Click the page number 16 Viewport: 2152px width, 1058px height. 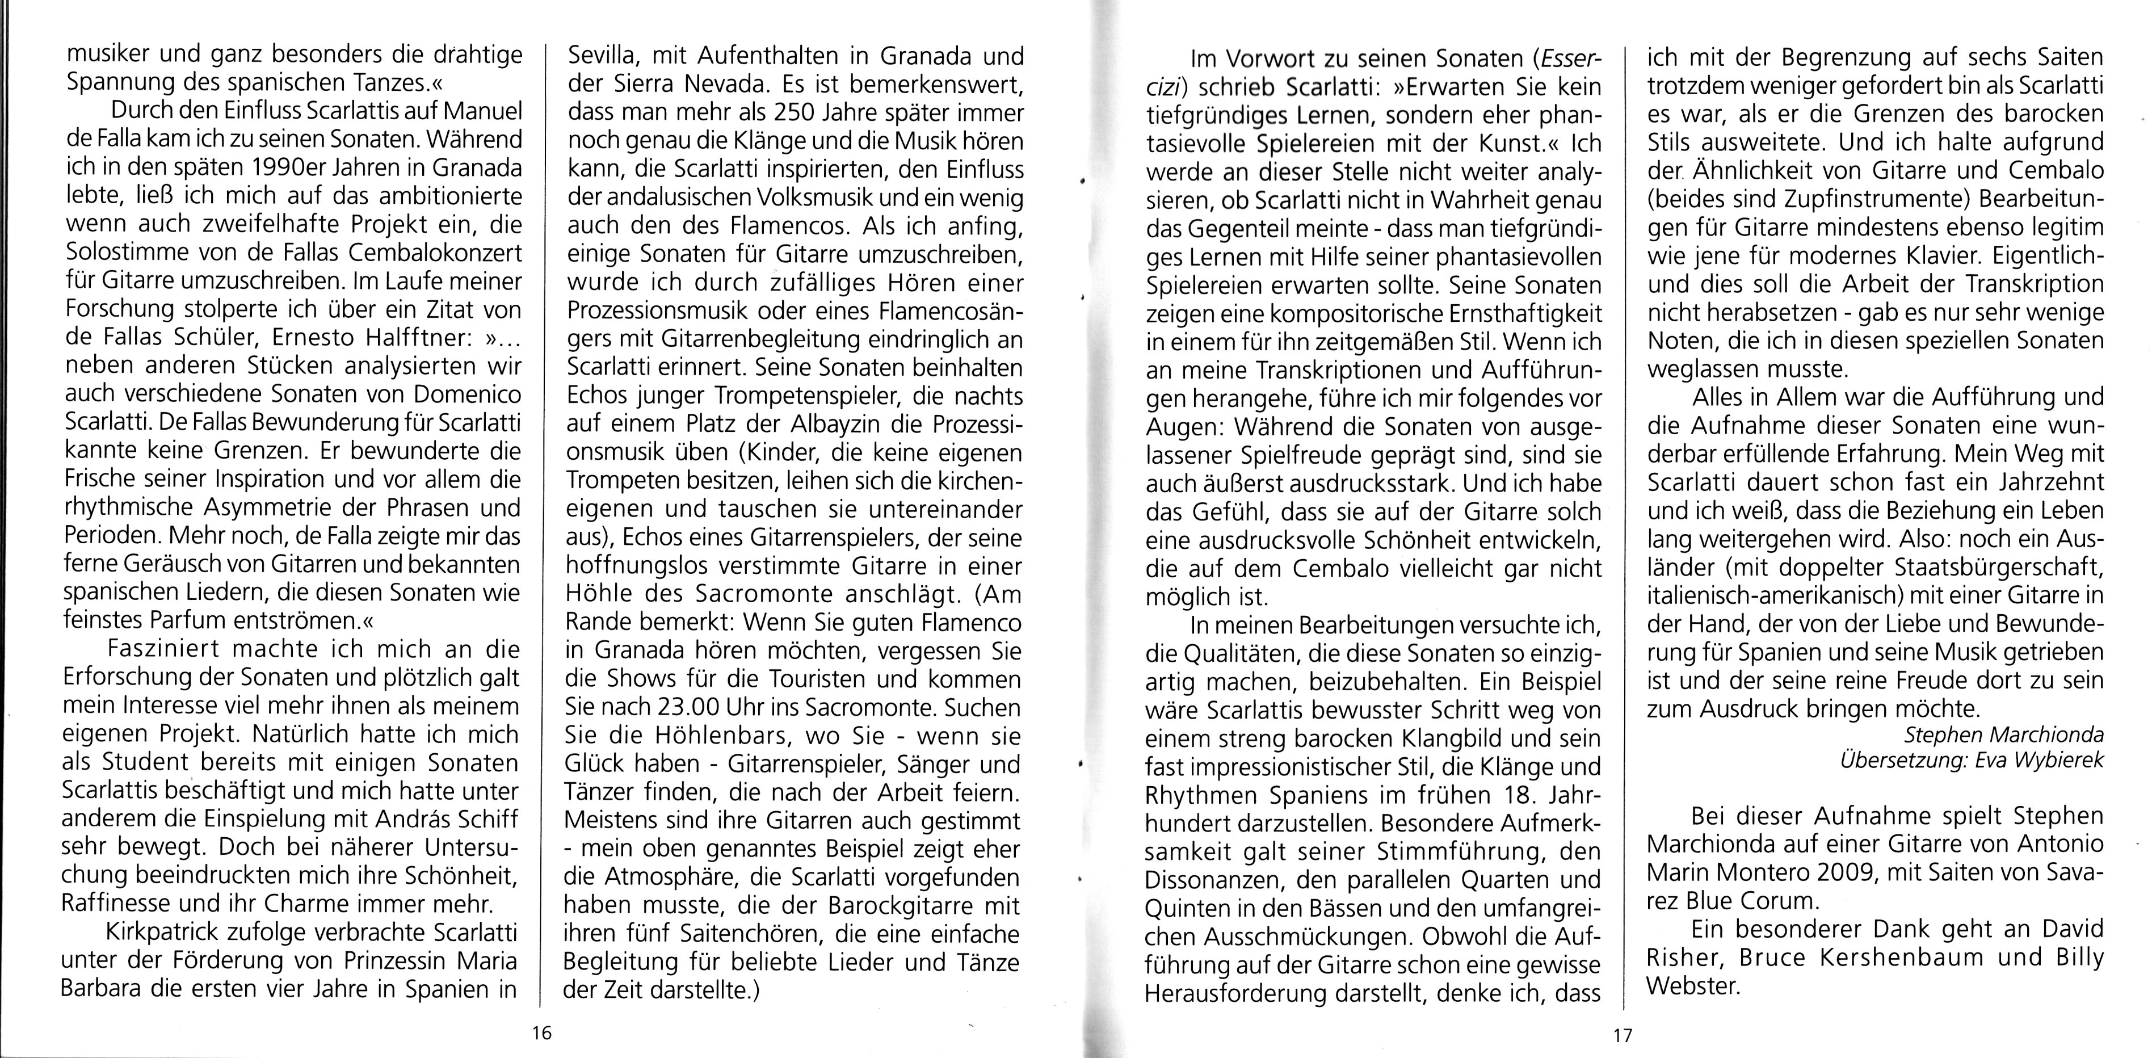(x=541, y=1033)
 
